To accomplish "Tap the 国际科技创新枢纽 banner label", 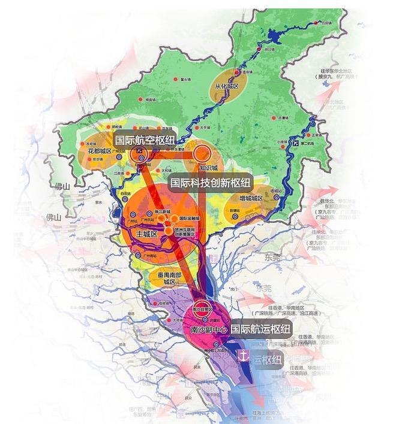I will click(210, 182).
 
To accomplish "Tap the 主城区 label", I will click(146, 234).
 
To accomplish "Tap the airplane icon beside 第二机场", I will click(293, 144).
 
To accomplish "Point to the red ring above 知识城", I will click(203, 153).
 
